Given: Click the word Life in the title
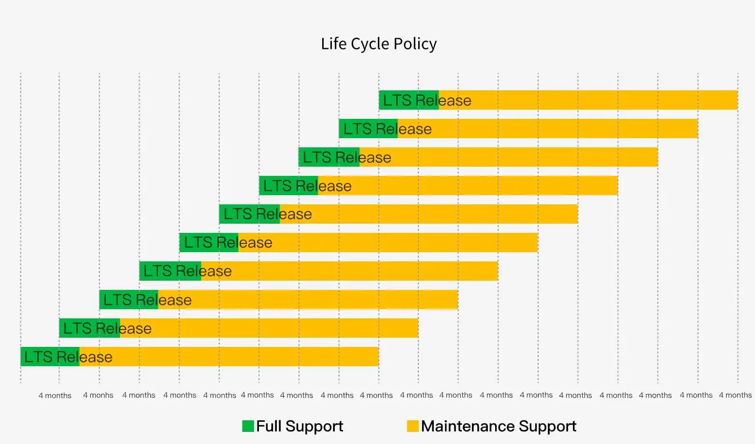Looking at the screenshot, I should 334,44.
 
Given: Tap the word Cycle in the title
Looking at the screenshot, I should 370,44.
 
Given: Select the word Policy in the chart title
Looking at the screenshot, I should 415,44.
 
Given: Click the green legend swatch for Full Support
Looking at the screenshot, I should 248,426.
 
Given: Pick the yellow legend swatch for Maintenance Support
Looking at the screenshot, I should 413,426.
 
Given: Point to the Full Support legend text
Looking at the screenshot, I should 299,426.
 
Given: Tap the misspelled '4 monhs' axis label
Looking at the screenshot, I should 98,395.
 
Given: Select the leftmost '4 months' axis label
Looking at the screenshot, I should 55,396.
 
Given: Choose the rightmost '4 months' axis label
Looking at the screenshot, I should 735,395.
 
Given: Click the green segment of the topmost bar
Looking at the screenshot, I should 408,100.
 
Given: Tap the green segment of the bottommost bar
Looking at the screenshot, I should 50,357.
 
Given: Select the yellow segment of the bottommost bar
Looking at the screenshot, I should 242,357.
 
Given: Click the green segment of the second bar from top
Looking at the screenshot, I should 368,129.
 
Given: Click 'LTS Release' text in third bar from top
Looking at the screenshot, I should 347,158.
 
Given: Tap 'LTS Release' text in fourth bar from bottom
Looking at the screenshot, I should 187,271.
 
